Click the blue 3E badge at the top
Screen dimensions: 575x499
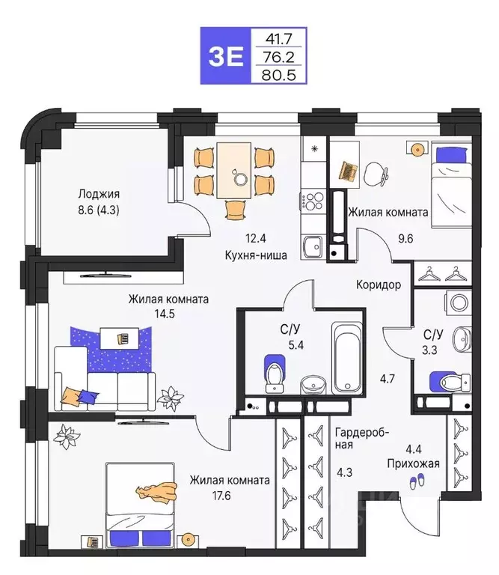click(x=226, y=55)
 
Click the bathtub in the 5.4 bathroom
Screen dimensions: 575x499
click(x=346, y=358)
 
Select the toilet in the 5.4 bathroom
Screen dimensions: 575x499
click(x=274, y=373)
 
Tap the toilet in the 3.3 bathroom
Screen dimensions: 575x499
click(x=448, y=382)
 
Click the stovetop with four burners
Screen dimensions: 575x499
click(x=313, y=201)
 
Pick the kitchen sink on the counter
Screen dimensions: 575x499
click(x=312, y=245)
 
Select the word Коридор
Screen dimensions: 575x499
click(x=379, y=285)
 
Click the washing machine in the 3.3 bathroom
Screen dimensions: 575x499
click(x=457, y=302)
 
